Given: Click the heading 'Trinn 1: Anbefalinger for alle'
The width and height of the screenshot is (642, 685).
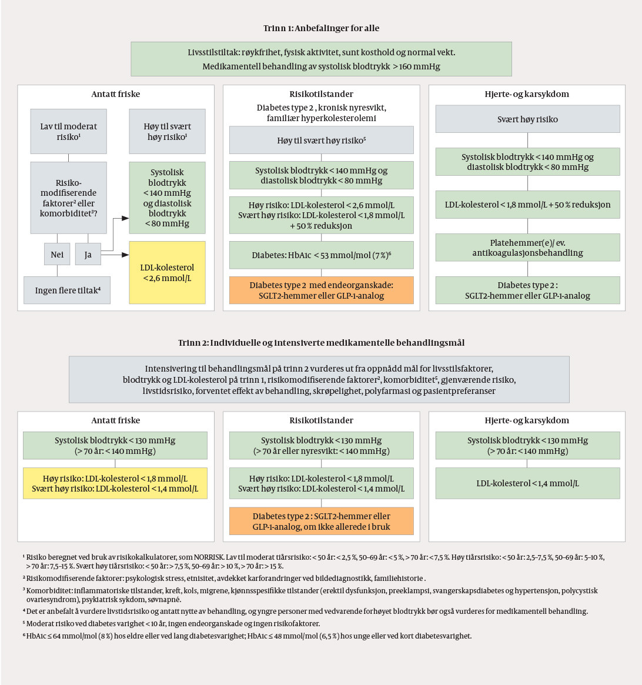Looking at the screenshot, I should click(321, 28).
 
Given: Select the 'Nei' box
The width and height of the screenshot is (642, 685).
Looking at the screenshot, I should click(57, 254).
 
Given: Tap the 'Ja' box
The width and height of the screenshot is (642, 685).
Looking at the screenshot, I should click(88, 254).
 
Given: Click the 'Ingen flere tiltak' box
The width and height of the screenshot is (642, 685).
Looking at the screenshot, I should click(67, 290).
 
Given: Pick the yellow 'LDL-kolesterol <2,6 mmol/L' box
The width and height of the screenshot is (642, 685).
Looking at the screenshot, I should click(167, 272).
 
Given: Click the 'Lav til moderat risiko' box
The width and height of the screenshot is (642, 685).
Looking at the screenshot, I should click(69, 131).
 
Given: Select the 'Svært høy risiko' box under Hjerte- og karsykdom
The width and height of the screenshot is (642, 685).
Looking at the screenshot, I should click(527, 119).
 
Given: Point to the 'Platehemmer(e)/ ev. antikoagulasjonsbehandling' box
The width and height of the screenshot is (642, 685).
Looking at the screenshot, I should click(527, 248).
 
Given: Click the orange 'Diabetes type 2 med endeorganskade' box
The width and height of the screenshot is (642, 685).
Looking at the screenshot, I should click(321, 290).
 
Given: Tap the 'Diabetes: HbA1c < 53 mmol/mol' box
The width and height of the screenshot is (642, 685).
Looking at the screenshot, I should click(321, 255).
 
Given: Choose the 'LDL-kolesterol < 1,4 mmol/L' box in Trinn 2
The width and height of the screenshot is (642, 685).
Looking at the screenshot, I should click(527, 483).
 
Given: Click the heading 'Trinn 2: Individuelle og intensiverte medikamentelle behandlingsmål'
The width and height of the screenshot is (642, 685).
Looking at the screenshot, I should click(321, 342).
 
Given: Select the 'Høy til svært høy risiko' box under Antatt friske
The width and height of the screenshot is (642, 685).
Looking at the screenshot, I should click(167, 131).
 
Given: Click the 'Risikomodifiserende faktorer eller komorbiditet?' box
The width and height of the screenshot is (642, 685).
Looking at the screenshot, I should click(69, 198).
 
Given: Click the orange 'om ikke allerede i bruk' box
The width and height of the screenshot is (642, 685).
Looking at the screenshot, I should click(321, 521).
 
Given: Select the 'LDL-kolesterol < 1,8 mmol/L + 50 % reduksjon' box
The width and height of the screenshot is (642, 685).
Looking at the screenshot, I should click(527, 205).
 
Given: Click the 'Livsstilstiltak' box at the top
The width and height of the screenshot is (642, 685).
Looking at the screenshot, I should click(321, 59).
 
